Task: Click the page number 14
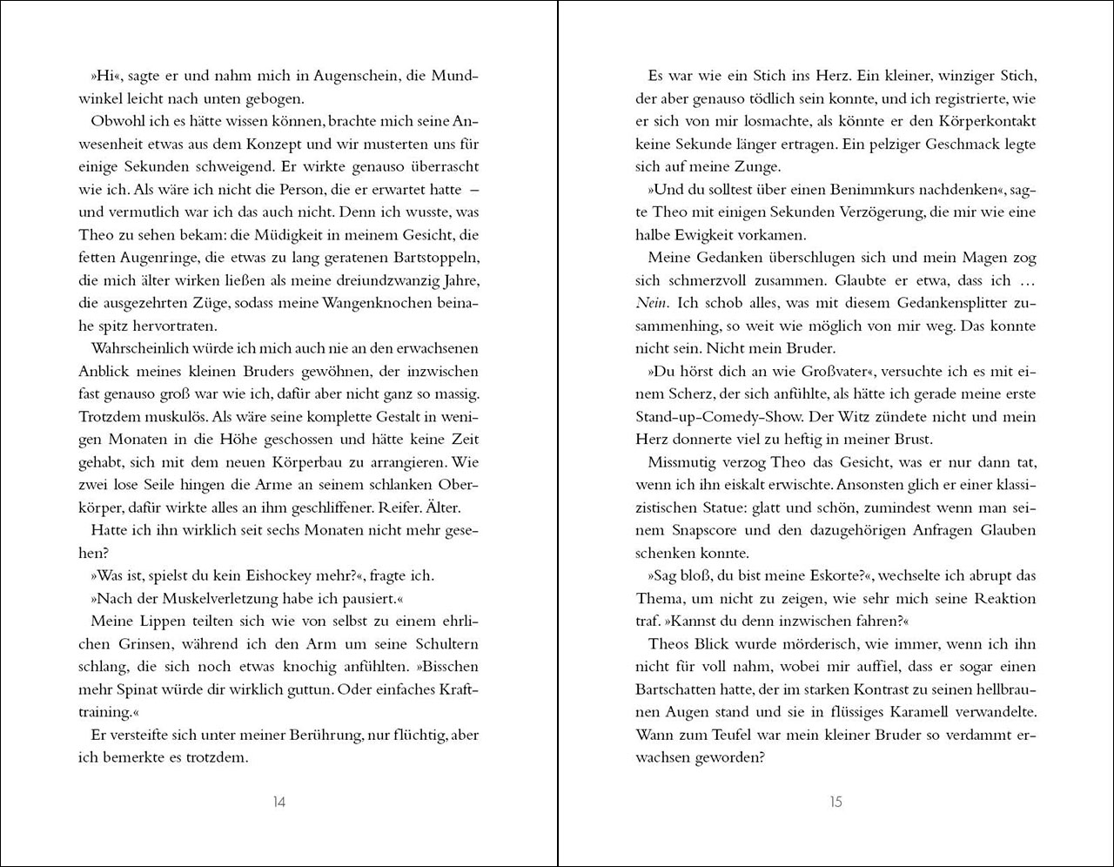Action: tap(278, 802)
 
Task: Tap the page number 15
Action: tap(835, 802)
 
